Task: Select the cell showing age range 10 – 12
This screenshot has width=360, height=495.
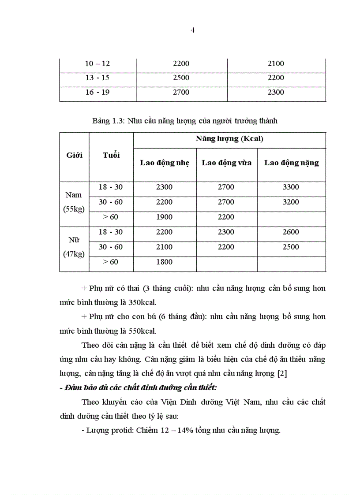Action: (x=97, y=63)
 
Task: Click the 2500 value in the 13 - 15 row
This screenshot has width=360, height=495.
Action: (x=181, y=78)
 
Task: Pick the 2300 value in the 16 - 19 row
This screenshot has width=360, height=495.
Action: (x=276, y=92)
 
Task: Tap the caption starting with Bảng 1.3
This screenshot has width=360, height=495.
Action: (x=185, y=121)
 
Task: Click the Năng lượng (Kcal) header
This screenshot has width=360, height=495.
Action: (x=229, y=139)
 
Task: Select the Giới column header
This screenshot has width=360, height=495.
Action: (x=75, y=155)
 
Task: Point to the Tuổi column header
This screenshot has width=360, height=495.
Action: (x=111, y=155)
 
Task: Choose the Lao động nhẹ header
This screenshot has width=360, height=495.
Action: (x=165, y=163)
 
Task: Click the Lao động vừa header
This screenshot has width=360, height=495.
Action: (x=226, y=163)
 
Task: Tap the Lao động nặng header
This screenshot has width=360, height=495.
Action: (x=291, y=163)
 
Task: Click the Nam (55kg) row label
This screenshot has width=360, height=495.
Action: (x=74, y=202)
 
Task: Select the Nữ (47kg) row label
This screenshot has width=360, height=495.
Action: (x=74, y=247)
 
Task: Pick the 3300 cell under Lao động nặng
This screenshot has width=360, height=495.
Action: (x=291, y=187)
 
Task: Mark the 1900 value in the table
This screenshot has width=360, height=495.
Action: (x=164, y=217)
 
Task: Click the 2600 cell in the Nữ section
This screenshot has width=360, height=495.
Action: (x=291, y=232)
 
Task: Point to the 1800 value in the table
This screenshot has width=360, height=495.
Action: (x=164, y=262)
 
